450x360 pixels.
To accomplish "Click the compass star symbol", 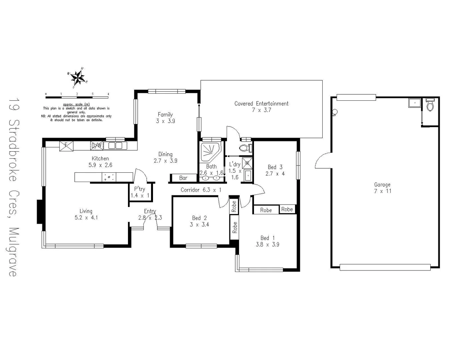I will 78,78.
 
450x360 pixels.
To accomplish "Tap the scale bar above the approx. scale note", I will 77,97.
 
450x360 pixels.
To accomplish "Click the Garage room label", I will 382,185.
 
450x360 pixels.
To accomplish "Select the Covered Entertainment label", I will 261,104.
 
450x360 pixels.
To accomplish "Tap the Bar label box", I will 183,178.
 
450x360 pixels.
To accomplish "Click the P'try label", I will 140,189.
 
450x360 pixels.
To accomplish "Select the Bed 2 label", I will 199,218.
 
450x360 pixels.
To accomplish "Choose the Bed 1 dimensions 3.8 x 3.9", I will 267,244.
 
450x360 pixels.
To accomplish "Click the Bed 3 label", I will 275,167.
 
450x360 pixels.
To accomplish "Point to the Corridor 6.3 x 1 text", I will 201,190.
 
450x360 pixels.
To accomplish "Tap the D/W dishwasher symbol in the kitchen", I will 96,146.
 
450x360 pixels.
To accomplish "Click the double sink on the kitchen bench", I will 115,146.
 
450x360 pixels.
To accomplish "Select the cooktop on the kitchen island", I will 109,177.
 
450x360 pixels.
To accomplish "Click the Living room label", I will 86,211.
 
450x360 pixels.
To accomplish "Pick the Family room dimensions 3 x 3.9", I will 165,121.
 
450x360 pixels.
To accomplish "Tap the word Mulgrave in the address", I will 13,252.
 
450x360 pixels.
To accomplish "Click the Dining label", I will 165,154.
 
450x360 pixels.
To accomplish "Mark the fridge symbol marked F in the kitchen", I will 66,146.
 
